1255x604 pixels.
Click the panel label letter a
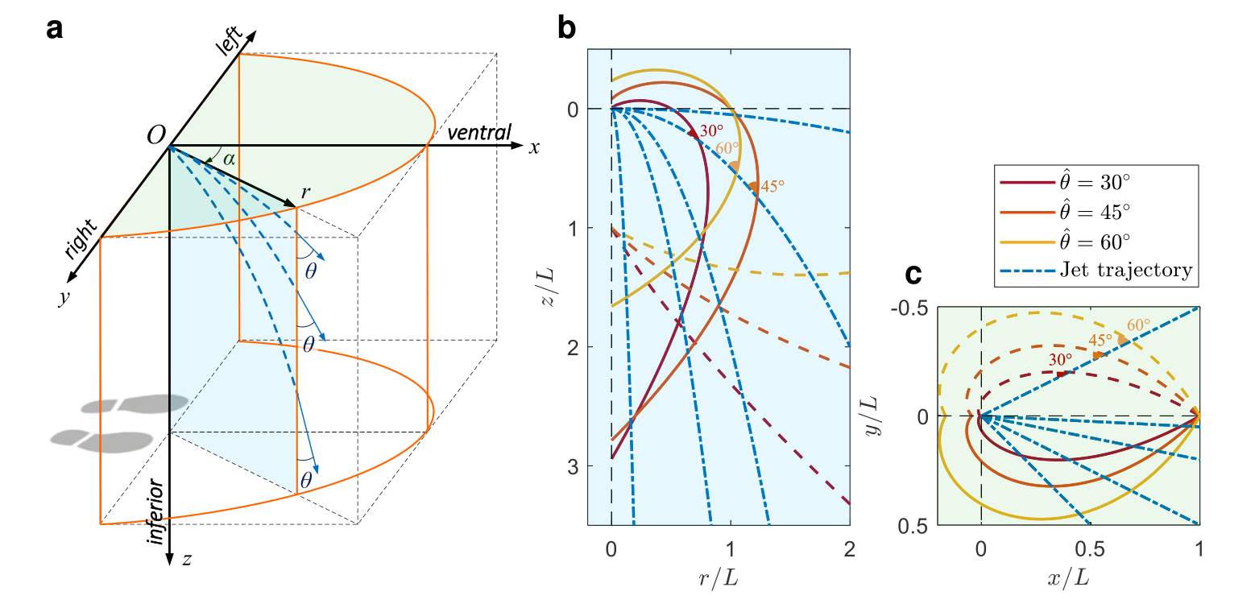(x=55, y=30)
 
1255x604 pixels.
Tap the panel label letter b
(x=566, y=30)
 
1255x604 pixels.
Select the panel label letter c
(x=913, y=274)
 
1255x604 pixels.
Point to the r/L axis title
(x=730, y=578)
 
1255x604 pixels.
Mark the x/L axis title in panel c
(x=1089, y=578)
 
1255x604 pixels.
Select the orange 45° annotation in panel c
(x=1100, y=339)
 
